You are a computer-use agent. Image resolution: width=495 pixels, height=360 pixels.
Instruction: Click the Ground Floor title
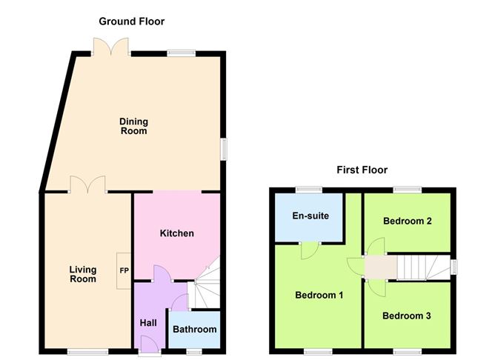tap(132, 21)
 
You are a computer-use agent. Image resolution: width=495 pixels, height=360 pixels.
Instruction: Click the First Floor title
tap(362, 170)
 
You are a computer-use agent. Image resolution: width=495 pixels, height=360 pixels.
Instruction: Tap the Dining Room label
tap(134, 126)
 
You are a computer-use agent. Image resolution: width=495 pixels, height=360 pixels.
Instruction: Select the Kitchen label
tap(177, 233)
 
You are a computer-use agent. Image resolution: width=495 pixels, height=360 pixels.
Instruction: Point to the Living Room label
tap(83, 274)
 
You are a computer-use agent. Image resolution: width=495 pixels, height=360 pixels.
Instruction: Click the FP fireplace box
tap(124, 270)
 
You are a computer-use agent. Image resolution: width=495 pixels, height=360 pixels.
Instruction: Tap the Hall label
tap(148, 323)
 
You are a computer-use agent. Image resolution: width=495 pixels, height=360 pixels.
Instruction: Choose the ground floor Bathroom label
tap(195, 330)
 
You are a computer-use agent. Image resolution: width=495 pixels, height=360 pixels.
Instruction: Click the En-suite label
tap(310, 216)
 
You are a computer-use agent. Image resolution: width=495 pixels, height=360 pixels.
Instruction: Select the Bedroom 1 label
tap(319, 295)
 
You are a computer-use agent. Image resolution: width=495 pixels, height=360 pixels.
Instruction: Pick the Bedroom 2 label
tap(408, 221)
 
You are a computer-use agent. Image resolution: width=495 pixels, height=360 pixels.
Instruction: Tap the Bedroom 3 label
tap(407, 316)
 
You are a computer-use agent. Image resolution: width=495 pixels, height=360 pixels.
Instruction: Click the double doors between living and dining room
tap(87, 184)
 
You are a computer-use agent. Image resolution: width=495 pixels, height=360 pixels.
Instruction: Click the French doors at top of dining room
tap(111, 47)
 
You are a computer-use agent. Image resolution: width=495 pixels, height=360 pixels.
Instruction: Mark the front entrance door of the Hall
tap(150, 345)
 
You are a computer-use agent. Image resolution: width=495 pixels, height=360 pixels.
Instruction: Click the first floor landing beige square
tap(381, 267)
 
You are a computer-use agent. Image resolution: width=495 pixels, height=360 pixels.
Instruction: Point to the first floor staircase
tap(424, 267)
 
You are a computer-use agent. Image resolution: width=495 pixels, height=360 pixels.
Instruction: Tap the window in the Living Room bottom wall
tap(87, 352)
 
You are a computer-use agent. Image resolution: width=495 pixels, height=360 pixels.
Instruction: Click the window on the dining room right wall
tap(224, 149)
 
